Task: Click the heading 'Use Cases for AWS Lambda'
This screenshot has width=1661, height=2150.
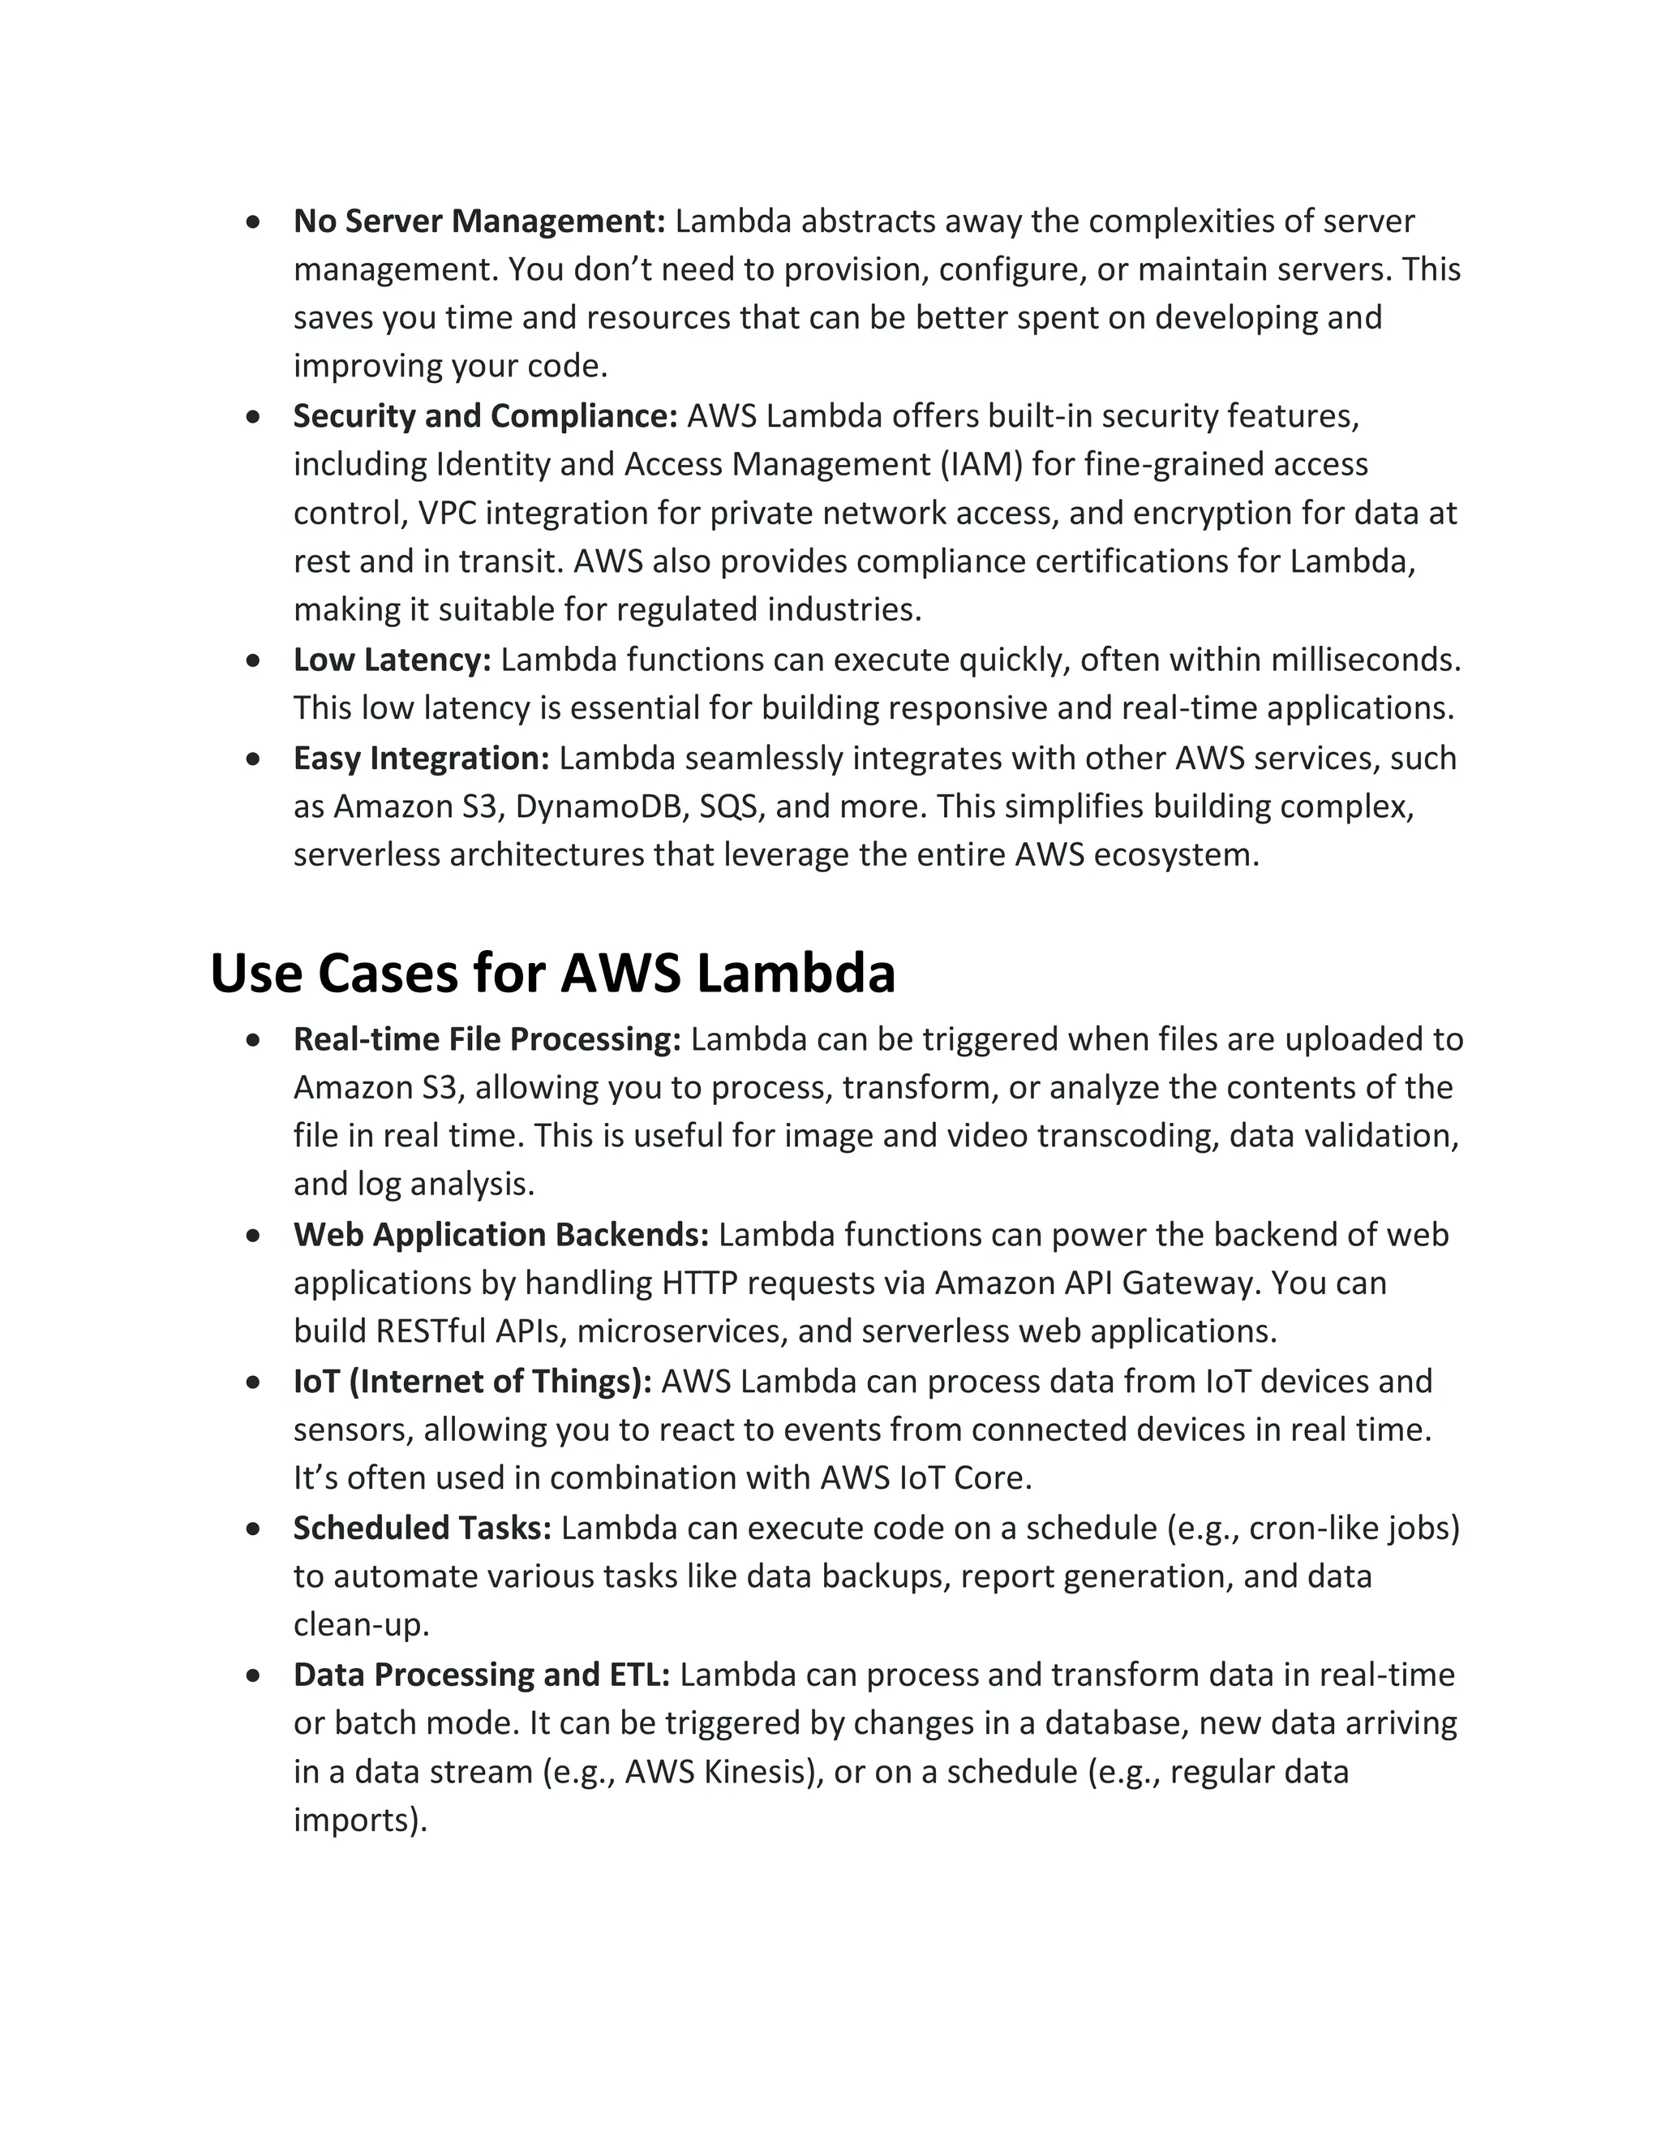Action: (x=552, y=973)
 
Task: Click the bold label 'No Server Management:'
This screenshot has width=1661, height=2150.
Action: (x=479, y=221)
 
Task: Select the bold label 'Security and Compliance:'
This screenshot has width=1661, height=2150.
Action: (x=485, y=416)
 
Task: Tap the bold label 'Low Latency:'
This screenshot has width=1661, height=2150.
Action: (x=392, y=660)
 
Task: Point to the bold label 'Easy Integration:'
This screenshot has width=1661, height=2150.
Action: (x=421, y=758)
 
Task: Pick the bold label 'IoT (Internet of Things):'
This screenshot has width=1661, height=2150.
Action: (x=472, y=1381)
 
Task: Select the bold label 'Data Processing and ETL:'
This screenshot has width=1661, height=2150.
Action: (x=481, y=1675)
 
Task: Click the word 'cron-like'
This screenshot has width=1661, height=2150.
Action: (x=1313, y=1528)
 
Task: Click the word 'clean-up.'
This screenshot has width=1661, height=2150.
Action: (x=361, y=1624)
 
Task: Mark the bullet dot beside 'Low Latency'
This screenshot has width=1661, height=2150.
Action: (x=254, y=660)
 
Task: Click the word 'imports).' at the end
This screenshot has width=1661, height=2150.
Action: (x=360, y=1821)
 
